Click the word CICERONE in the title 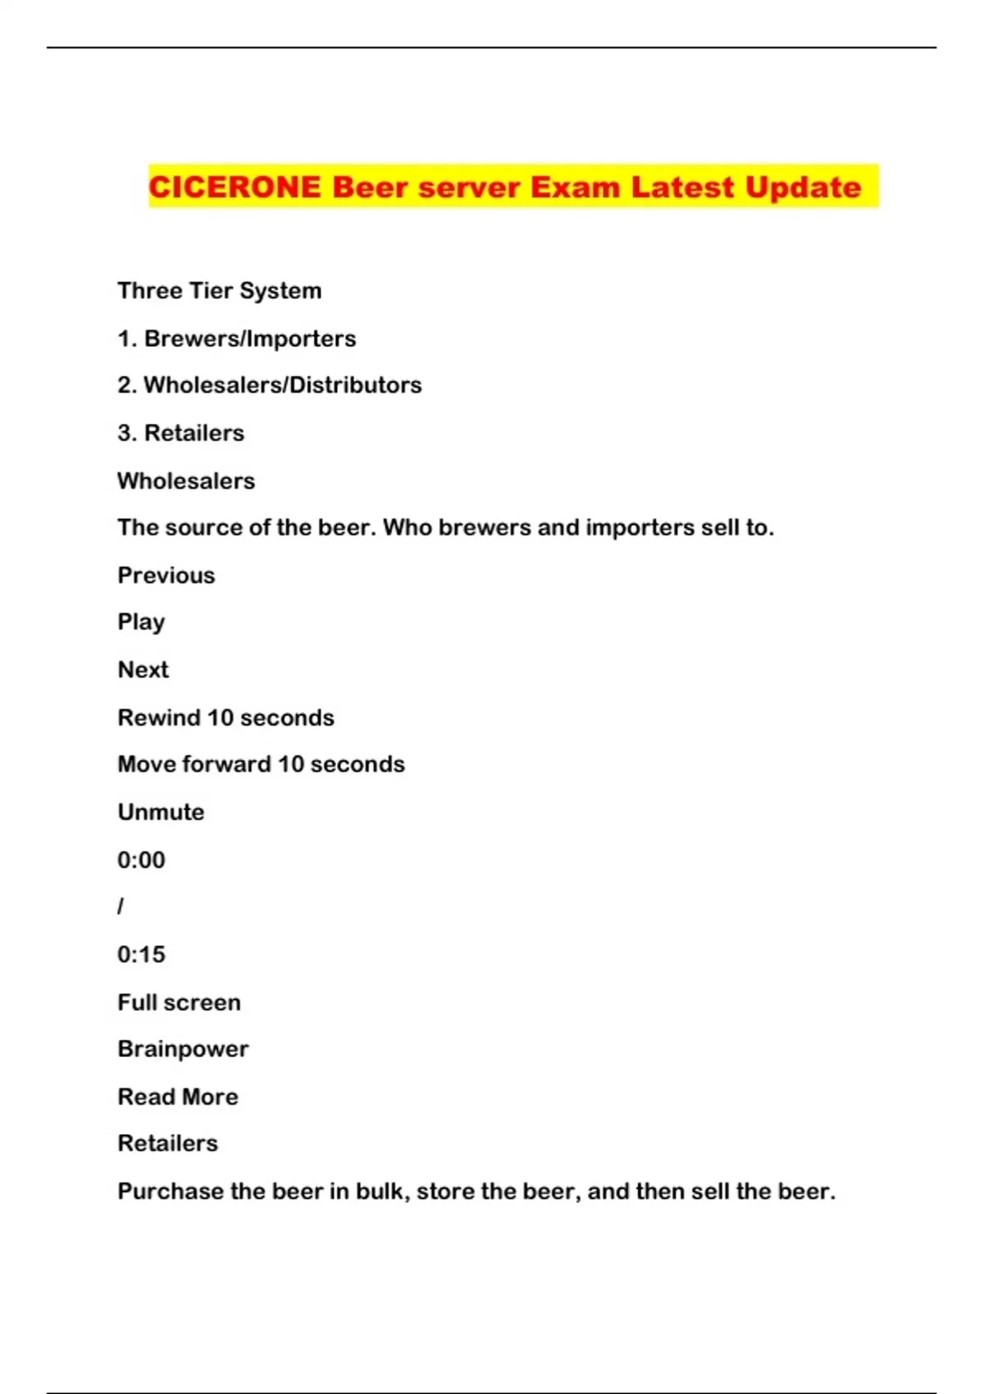(235, 188)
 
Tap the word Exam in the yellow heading (575, 188)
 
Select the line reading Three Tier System (219, 291)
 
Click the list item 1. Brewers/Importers (236, 339)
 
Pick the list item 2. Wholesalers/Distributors (269, 385)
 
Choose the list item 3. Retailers (180, 433)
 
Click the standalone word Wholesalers (186, 481)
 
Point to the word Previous (166, 576)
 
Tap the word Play (141, 622)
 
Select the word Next (143, 670)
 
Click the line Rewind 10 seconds (225, 717)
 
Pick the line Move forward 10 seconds (261, 764)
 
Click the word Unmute (161, 812)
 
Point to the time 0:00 (141, 860)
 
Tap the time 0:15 (141, 954)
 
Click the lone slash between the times (121, 907)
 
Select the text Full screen (179, 1003)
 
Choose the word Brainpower (183, 1050)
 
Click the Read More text (178, 1097)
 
